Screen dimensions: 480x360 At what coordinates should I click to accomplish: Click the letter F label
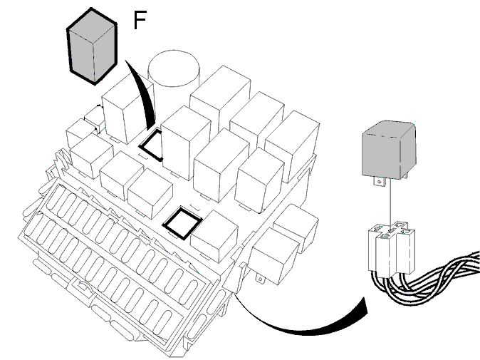click(x=140, y=20)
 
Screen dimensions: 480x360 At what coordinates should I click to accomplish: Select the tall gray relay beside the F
click(x=92, y=46)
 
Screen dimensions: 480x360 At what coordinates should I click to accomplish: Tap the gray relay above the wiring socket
click(x=389, y=150)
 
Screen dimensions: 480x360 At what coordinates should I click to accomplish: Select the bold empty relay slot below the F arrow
click(x=151, y=145)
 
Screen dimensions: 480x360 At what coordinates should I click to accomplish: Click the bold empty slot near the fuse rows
click(x=182, y=223)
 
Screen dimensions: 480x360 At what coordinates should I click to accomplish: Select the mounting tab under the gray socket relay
click(x=380, y=182)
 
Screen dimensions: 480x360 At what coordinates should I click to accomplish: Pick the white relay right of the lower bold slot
click(x=214, y=236)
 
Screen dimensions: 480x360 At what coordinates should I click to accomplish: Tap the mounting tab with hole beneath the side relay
click(x=260, y=279)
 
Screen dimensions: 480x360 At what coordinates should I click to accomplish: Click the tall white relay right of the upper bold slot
click(x=186, y=143)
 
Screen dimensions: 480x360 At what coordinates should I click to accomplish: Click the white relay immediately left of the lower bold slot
click(x=150, y=193)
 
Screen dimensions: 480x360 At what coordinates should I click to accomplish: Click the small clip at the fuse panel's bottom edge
click(x=81, y=287)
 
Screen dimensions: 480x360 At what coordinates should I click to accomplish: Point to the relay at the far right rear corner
click(x=293, y=145)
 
